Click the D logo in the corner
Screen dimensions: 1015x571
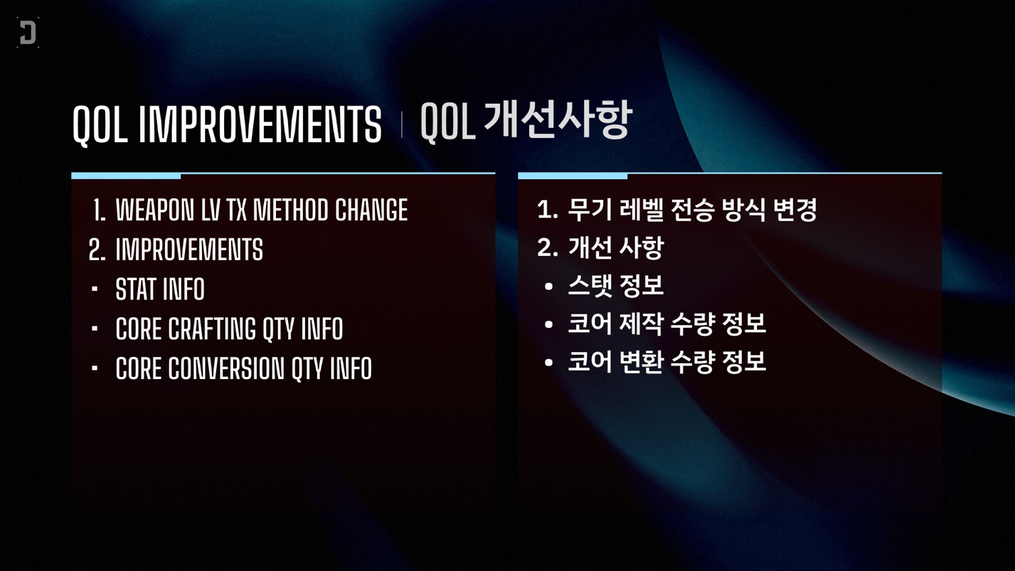[28, 33]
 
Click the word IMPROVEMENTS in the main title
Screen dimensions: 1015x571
[260, 124]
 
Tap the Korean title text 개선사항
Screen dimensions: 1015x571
[558, 119]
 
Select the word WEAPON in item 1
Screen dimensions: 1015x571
[155, 210]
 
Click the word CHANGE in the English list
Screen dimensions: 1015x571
[371, 210]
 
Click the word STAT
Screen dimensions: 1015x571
[135, 289]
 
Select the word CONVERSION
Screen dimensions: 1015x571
[226, 368]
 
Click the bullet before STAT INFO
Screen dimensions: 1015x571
[95, 288]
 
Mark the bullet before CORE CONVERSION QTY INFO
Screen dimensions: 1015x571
[95, 368]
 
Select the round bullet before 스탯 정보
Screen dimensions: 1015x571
[548, 287]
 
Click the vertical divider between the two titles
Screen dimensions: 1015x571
[401, 124]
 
